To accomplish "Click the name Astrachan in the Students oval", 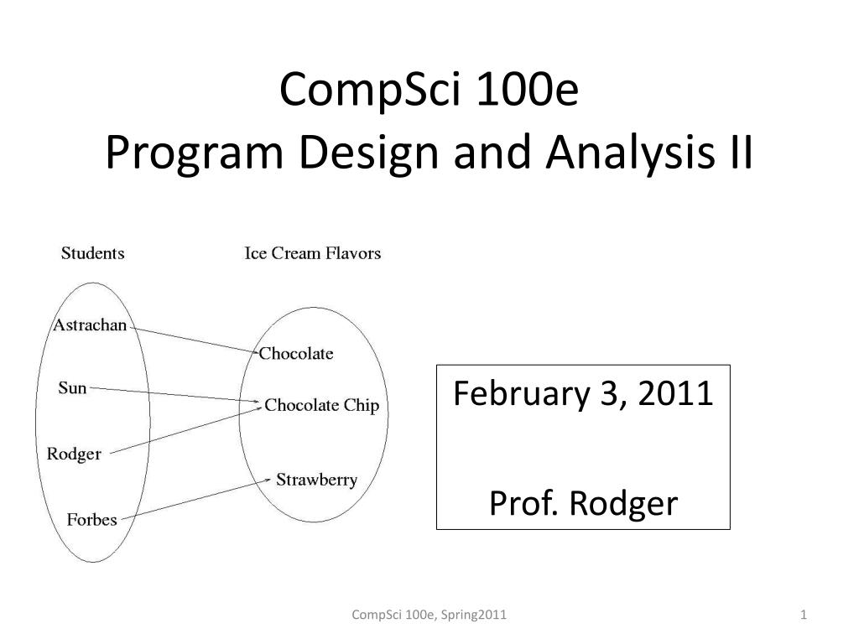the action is (x=90, y=325).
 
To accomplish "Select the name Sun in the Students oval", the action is (x=72, y=387).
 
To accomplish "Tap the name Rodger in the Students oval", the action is (x=74, y=454).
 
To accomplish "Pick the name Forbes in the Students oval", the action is (x=92, y=519).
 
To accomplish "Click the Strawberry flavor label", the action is (x=316, y=480).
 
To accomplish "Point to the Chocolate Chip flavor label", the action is (x=321, y=405).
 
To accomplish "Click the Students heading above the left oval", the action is (x=92, y=253).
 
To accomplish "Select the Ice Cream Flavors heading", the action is (x=312, y=253).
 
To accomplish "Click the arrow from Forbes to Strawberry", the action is (x=196, y=499).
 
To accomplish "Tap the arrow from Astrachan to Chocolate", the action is (x=195, y=340).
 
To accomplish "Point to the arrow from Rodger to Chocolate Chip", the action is (x=185, y=430).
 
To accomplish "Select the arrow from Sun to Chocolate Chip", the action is (x=175, y=396).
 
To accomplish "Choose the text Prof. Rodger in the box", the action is (x=584, y=503).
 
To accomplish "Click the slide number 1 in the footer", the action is (x=804, y=615).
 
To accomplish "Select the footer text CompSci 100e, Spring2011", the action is (x=429, y=615).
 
